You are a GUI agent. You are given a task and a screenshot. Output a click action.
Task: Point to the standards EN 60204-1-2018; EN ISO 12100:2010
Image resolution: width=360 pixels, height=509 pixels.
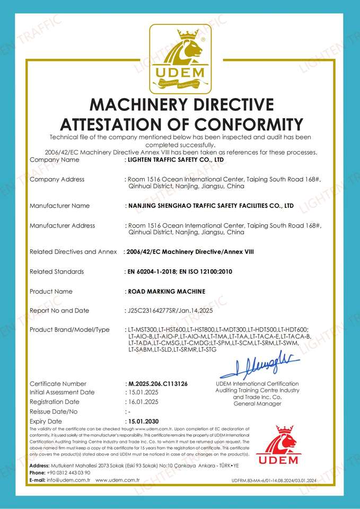click(180, 271)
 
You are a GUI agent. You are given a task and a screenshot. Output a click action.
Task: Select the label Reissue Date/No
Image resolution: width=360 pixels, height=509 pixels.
click(54, 411)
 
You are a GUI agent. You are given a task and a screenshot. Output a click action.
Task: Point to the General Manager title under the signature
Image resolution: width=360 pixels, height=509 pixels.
click(257, 403)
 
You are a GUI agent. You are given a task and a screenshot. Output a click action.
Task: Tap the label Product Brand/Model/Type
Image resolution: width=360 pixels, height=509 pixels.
click(69, 330)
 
